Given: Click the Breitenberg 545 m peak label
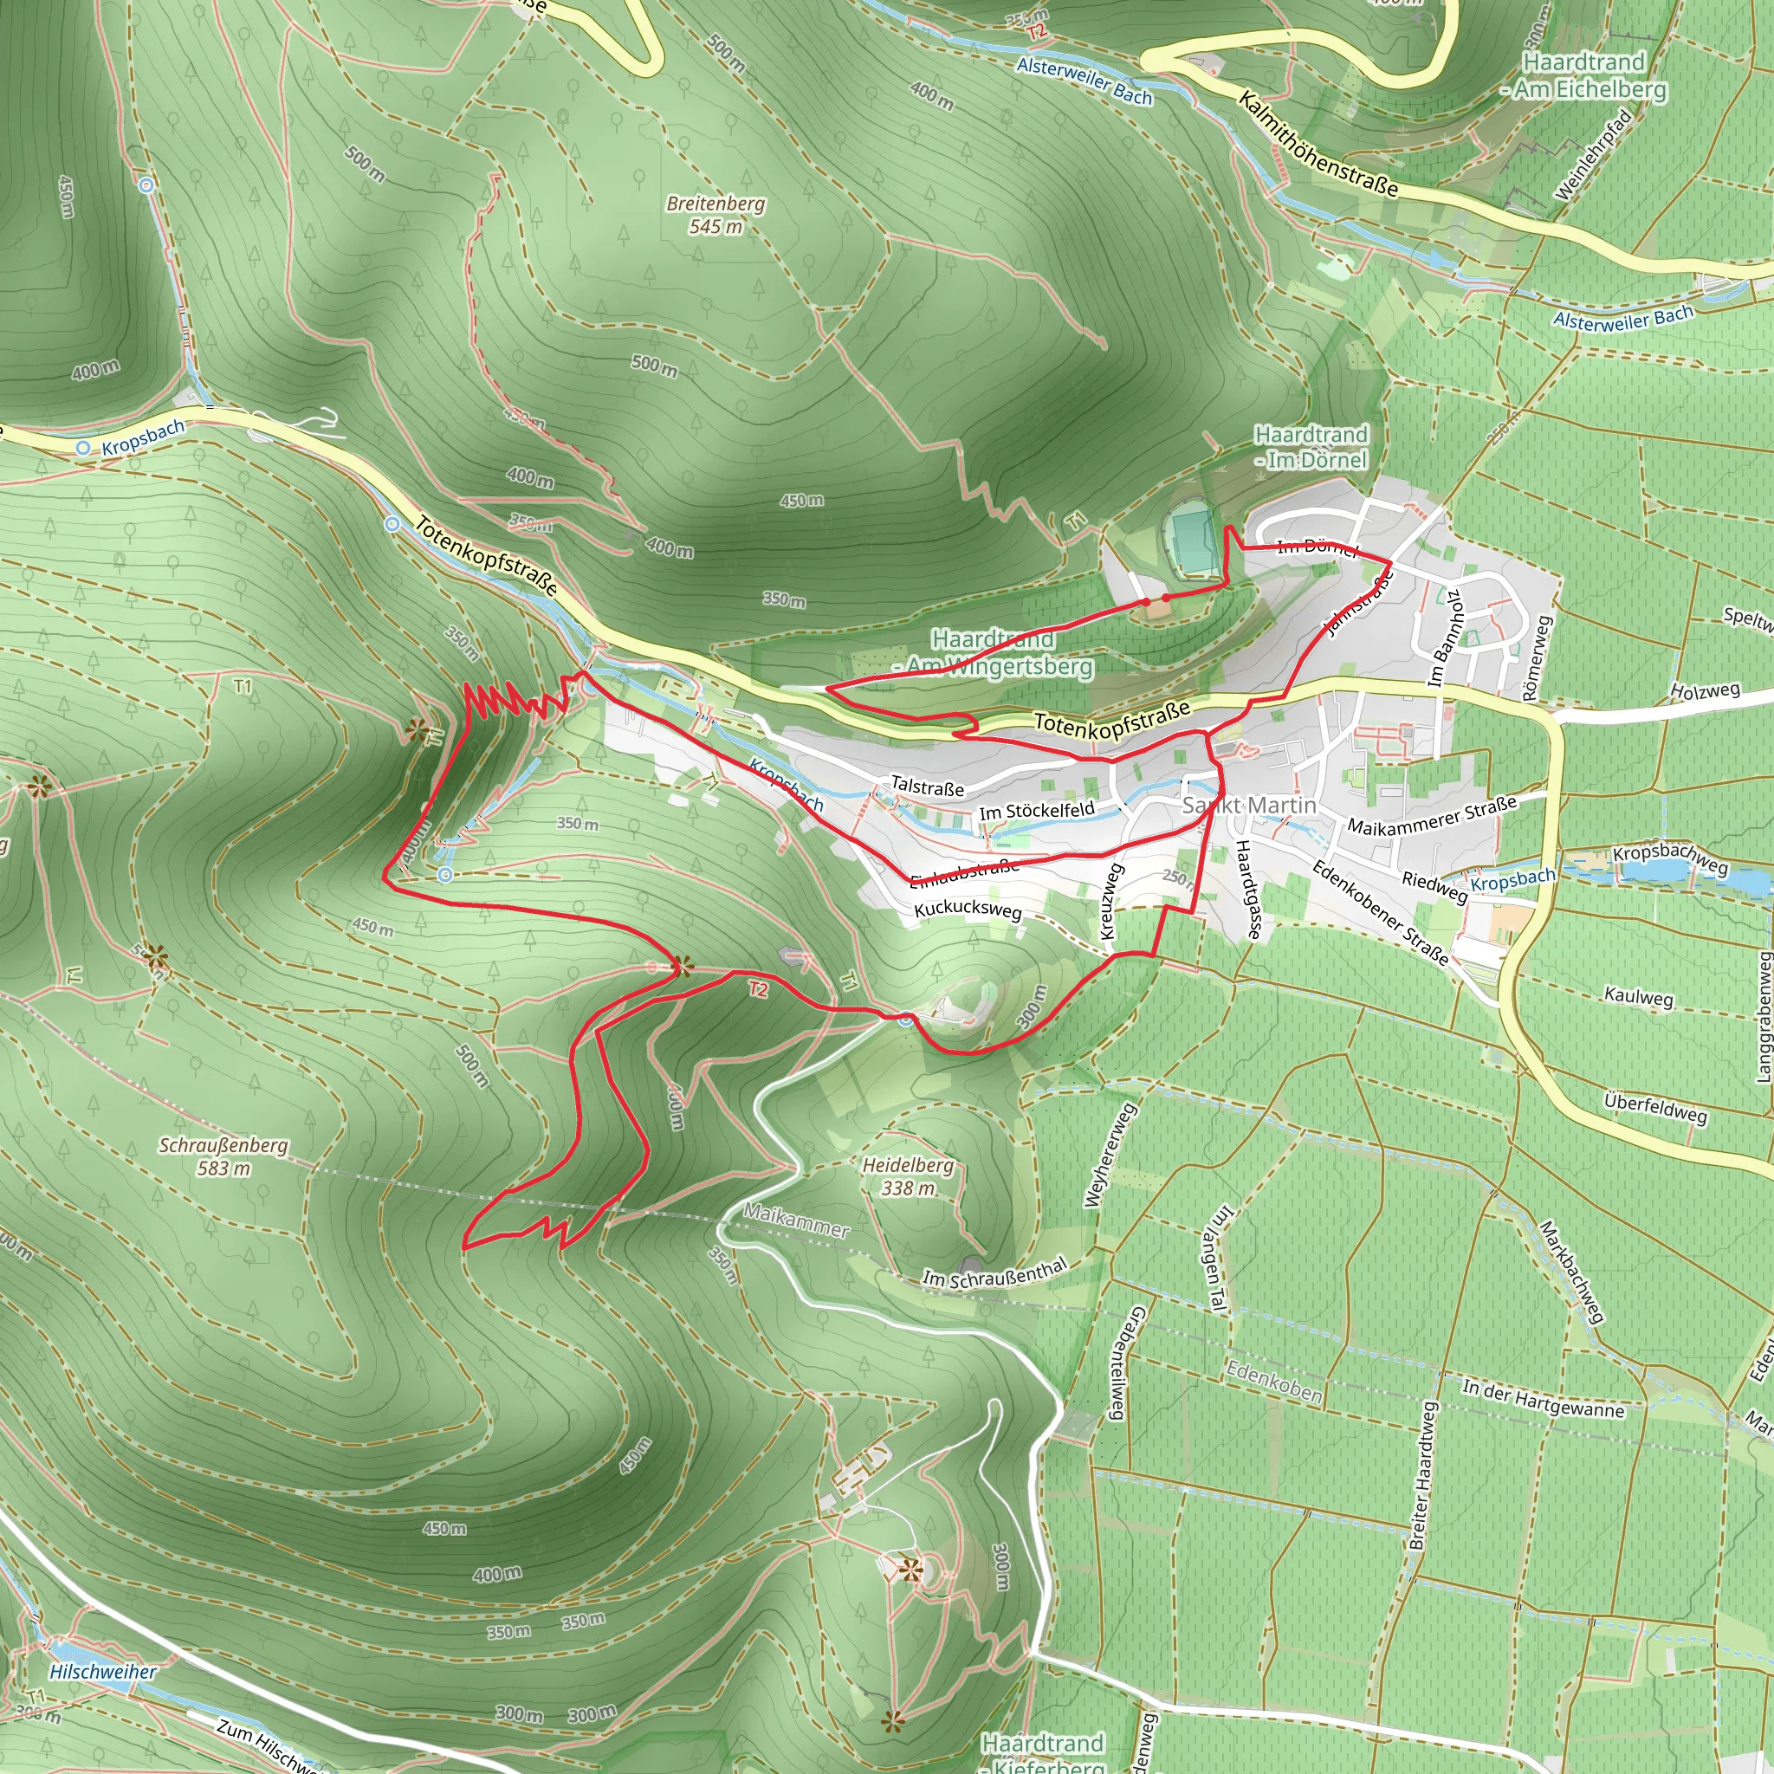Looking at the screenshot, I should pos(715,214).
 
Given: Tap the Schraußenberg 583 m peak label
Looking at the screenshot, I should pos(223,1156).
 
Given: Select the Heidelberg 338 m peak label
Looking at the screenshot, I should pos(907,1175).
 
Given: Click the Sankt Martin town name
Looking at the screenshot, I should pos(1249,806).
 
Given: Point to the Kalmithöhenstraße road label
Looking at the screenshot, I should pos(1318,144).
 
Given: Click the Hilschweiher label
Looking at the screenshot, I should pos(103,1671).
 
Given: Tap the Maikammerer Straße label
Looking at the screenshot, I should pos(1432,814).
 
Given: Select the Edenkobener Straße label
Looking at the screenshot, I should pos(1380,912).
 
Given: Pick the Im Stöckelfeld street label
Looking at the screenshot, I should pos(1037,811).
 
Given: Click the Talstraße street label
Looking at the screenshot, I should pos(928,787).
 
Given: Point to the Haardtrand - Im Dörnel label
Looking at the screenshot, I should pos(1311,447).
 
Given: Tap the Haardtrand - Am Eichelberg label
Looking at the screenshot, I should pos(1584,75).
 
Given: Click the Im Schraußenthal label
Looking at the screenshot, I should pos(994,1272).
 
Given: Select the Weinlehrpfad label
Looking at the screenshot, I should pos(1593,154).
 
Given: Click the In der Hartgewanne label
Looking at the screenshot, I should pos(1543,1397).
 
